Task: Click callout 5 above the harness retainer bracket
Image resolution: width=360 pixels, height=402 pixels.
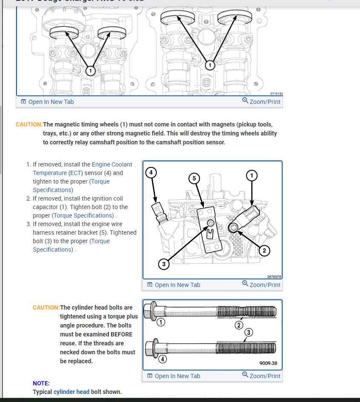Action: tap(194, 178)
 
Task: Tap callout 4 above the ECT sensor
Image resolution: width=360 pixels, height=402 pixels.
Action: tap(151, 172)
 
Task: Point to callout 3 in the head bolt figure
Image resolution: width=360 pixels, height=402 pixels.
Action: tap(249, 332)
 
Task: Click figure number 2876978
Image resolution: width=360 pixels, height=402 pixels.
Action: tap(274, 276)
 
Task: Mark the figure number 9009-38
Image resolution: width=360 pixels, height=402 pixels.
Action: tap(268, 364)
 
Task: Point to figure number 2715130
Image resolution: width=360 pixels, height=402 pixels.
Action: tap(276, 94)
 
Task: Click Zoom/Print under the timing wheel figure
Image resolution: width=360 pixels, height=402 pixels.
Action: tap(261, 101)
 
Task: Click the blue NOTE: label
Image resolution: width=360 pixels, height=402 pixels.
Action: tap(41, 383)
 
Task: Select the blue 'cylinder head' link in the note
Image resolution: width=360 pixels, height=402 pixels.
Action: tap(71, 392)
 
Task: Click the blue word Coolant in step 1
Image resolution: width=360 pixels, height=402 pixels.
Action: tap(122, 164)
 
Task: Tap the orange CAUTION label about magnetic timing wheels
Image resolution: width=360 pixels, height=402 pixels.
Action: tap(29, 124)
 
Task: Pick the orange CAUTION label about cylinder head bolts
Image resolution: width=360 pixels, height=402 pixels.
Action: tap(46, 307)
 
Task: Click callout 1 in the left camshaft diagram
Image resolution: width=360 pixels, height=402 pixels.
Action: tap(90, 71)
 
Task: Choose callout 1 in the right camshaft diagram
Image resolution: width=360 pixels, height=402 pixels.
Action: tap(209, 65)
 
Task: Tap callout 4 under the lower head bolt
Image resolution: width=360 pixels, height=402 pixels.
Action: tap(163, 359)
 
